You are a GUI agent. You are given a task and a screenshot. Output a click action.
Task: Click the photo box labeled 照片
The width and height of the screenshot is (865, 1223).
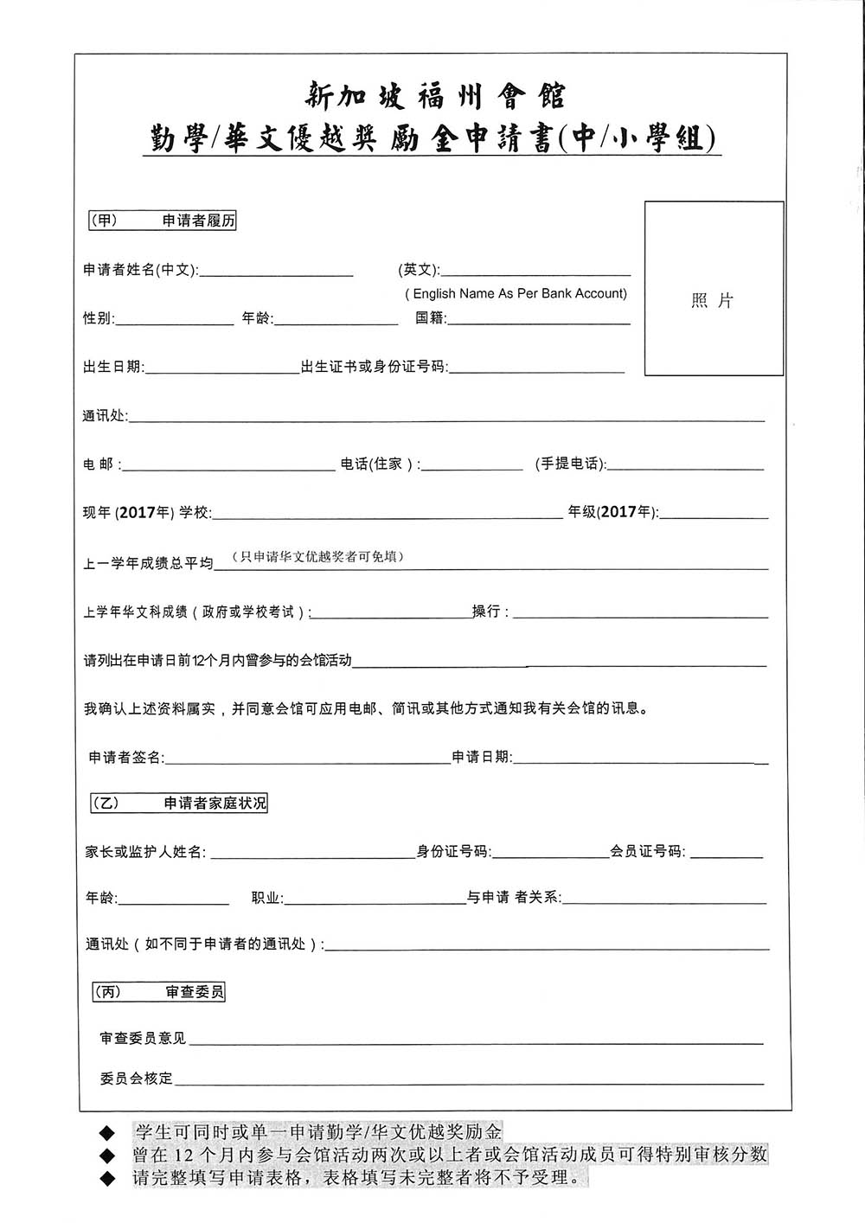tap(714, 289)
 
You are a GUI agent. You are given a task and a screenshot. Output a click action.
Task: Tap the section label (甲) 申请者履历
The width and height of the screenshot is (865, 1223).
tap(163, 221)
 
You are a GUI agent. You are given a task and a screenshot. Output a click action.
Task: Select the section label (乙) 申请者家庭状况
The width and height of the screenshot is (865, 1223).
tap(179, 804)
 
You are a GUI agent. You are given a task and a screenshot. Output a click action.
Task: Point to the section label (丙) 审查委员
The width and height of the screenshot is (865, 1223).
tap(159, 992)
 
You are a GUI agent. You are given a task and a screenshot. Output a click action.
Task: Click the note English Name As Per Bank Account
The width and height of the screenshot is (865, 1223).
tap(516, 294)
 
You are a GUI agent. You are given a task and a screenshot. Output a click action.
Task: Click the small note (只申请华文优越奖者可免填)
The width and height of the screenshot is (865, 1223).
tap(318, 556)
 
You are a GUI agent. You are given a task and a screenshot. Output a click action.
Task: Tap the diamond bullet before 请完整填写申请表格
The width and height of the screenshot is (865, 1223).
tap(107, 1178)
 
